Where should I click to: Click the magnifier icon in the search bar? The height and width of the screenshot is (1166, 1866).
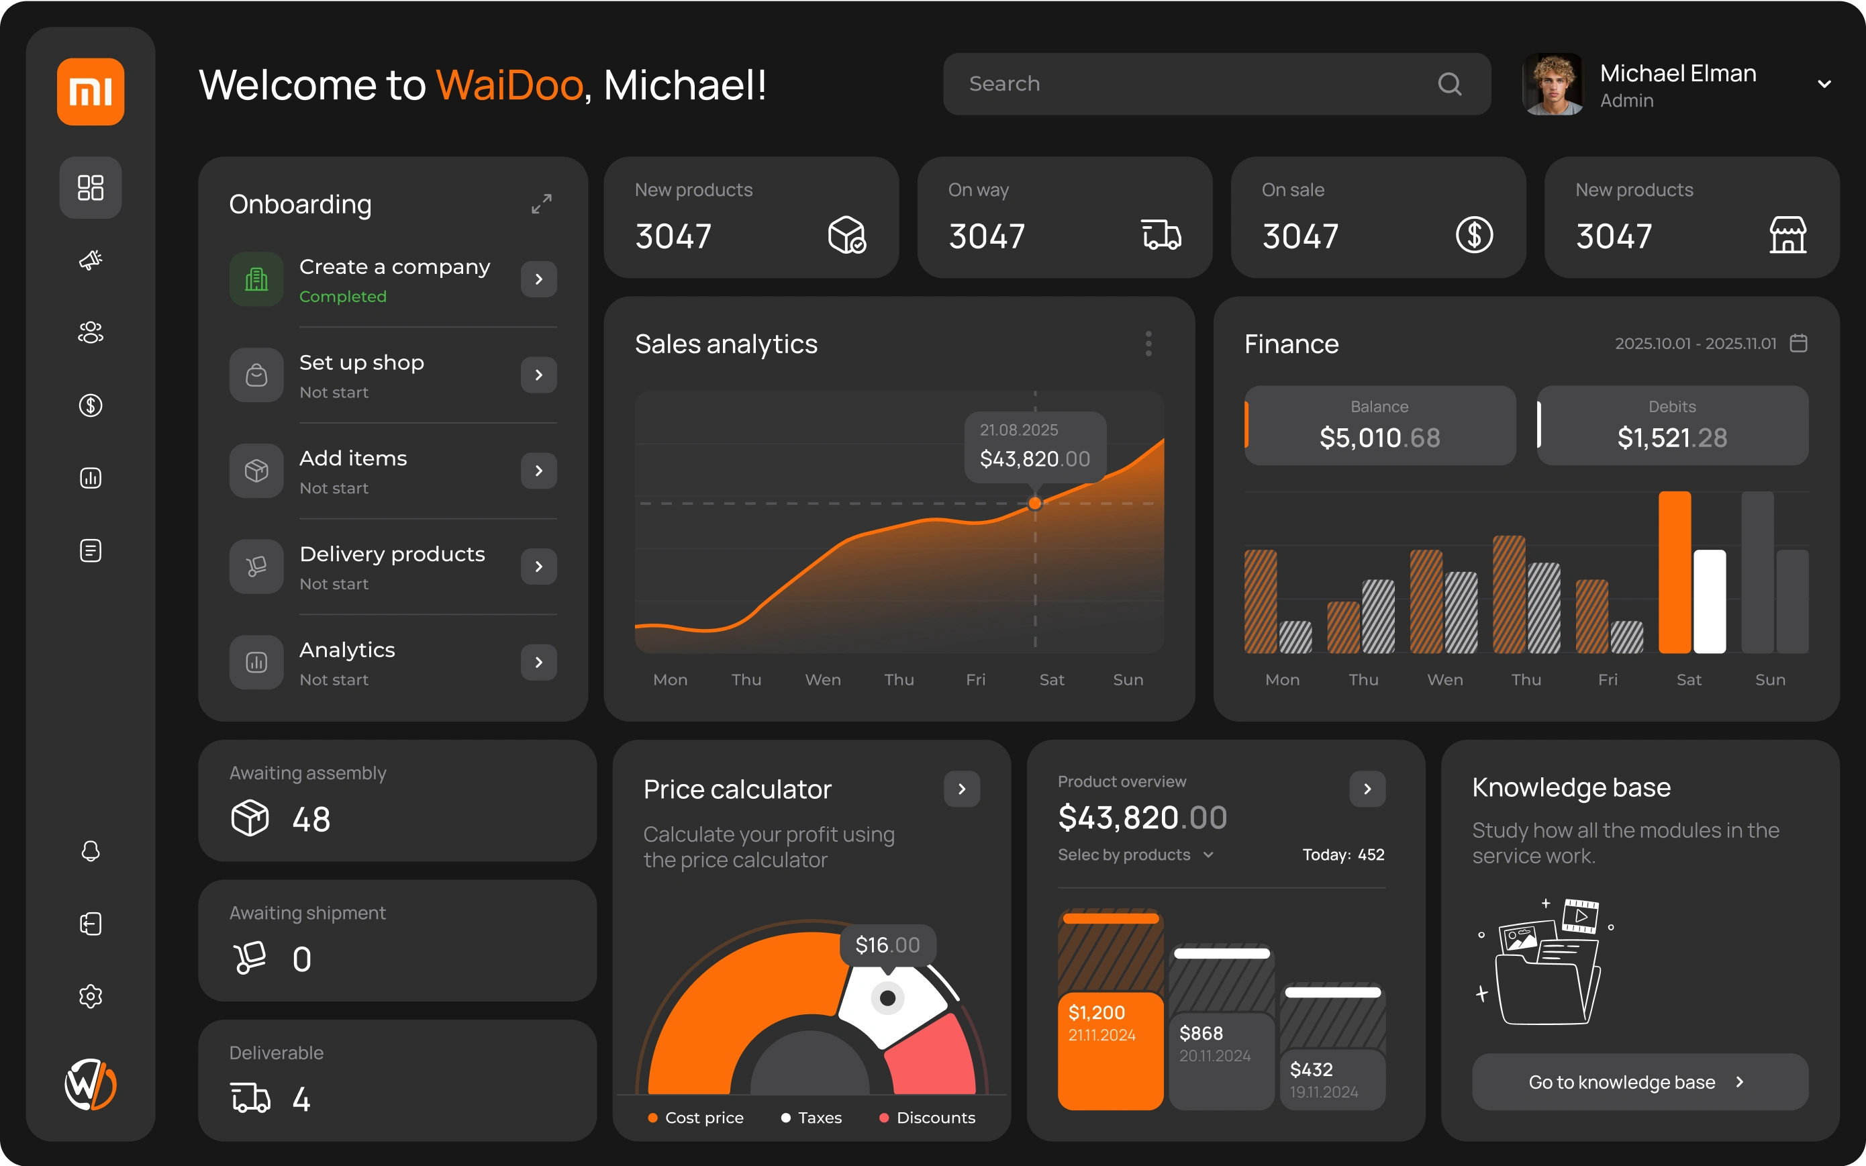[1450, 84]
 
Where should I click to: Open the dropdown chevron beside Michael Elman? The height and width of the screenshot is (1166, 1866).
[1824, 84]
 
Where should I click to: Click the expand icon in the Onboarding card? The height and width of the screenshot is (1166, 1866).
[541, 203]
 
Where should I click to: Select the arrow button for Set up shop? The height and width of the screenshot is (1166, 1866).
[539, 375]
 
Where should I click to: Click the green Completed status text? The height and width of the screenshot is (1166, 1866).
[343, 297]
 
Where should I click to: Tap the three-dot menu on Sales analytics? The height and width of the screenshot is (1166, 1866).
[1148, 344]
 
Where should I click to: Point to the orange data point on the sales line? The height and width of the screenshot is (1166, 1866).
[1035, 503]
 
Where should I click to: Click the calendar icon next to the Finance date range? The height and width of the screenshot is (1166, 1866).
[1798, 343]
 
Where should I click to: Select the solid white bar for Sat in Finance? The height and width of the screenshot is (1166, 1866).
[1709, 601]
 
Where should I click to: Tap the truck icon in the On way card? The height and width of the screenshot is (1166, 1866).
[1161, 235]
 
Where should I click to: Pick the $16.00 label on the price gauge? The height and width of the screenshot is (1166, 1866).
[887, 944]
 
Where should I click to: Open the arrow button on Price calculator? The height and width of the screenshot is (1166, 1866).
[962, 789]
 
